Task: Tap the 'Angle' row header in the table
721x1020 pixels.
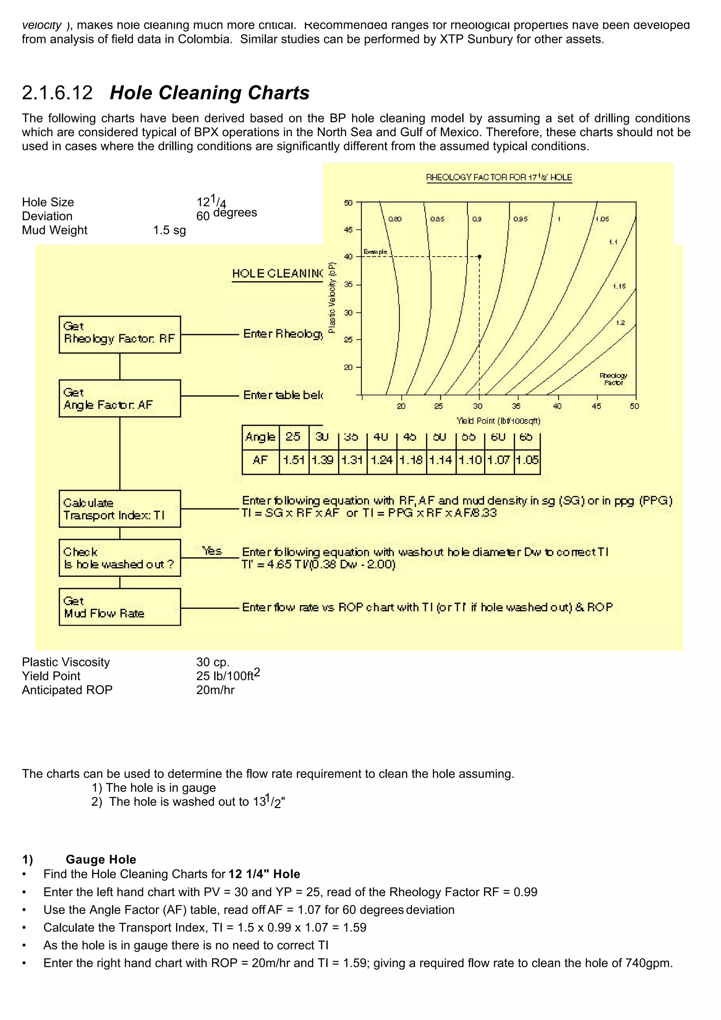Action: [x=260, y=437]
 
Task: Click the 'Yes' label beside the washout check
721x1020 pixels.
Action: [x=212, y=551]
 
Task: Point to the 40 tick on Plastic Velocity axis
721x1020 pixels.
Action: [x=348, y=257]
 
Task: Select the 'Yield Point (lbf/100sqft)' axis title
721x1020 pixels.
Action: [x=498, y=421]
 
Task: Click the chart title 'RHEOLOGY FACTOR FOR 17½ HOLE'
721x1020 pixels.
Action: [x=499, y=177]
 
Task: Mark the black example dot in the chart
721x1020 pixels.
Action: [x=479, y=257]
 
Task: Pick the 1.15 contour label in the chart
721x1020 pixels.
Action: [x=619, y=286]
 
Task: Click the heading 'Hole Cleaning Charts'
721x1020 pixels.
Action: [x=209, y=93]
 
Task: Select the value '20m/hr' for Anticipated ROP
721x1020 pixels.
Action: [x=215, y=690]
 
